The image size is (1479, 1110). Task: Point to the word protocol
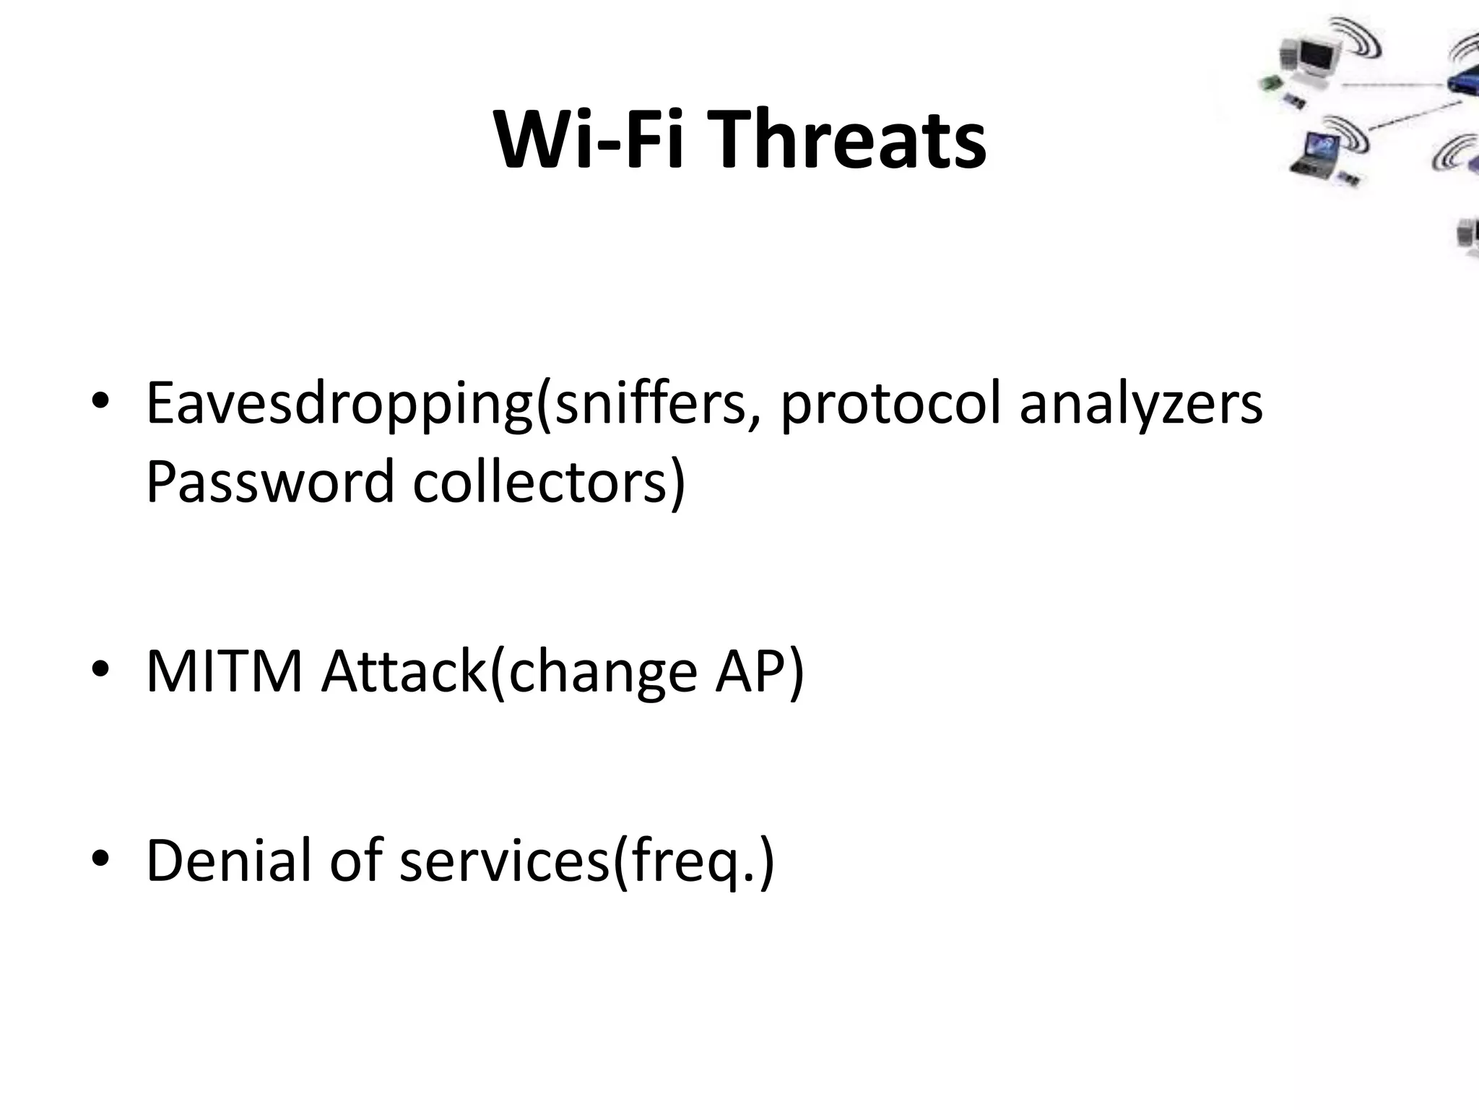[x=890, y=404]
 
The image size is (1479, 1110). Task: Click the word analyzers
[x=1141, y=404]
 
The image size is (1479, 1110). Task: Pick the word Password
[x=269, y=482]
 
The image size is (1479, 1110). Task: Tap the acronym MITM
[x=224, y=671]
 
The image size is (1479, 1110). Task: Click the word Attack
[x=404, y=671]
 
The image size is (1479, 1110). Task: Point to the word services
[x=504, y=860]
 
